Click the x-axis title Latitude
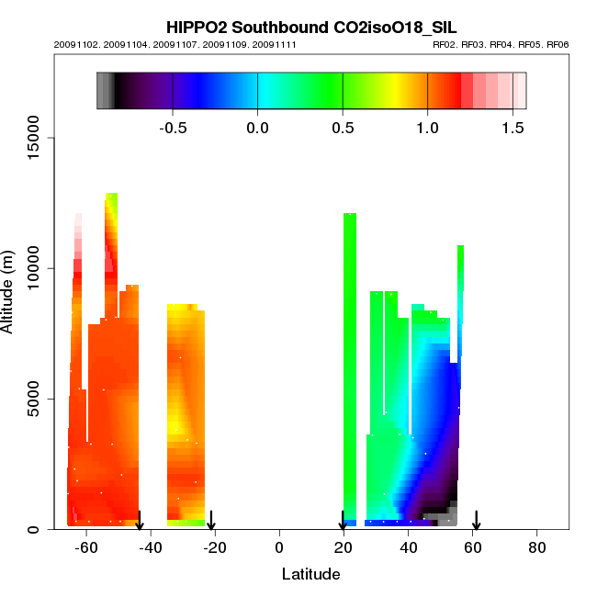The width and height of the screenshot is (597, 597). point(310,574)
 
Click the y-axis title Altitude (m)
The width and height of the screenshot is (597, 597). point(8,291)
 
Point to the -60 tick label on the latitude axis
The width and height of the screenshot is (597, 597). point(84,547)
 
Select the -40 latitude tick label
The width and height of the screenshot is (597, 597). point(149,547)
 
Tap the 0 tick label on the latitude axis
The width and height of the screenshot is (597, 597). point(278,547)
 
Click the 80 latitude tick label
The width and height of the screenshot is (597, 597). point(537,547)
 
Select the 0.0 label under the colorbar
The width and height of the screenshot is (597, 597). point(257,128)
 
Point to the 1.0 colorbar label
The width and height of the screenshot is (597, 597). point(427,128)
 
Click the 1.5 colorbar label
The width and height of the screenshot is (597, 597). point(512,128)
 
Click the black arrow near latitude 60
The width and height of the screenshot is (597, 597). point(476,521)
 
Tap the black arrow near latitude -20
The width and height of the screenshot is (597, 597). point(211,521)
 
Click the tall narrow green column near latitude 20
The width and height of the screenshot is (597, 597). point(349,367)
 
